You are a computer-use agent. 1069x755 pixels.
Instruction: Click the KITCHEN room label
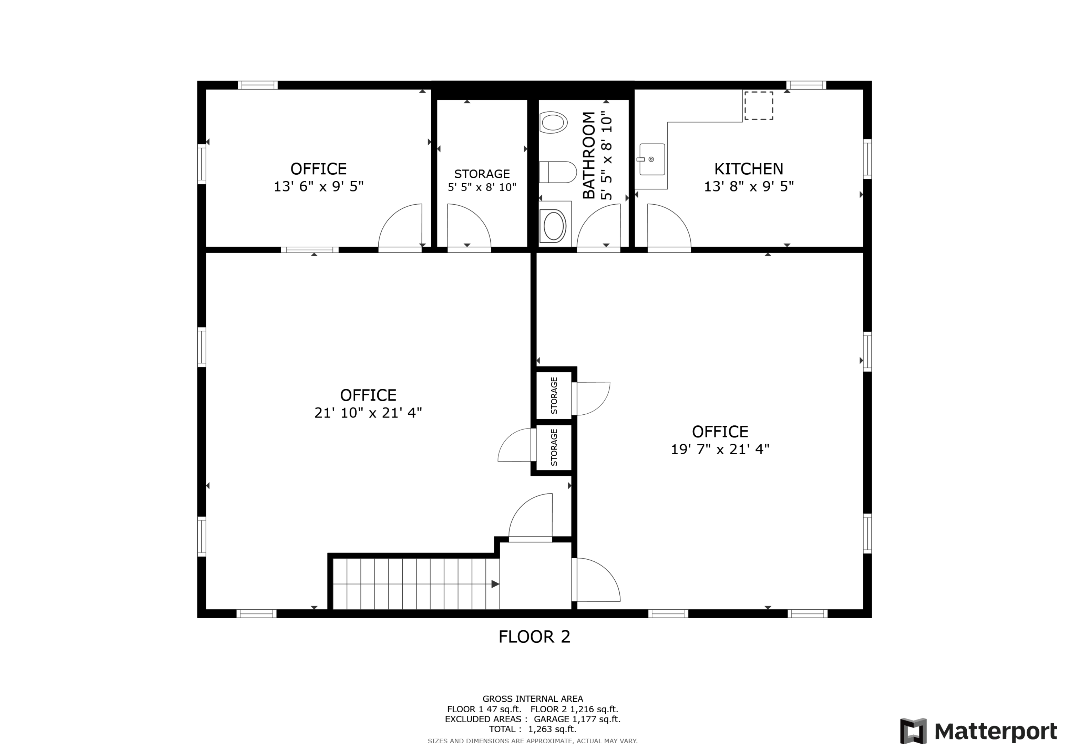749,168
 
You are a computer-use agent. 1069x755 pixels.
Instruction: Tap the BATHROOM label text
589,155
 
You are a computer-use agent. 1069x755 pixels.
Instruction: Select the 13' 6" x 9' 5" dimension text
319,187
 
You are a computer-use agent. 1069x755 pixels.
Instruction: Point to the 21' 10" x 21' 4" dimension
368,413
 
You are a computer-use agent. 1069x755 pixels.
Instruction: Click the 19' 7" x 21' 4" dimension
720,449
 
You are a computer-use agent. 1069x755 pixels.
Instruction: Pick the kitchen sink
651,159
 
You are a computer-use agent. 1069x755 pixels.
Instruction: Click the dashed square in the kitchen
758,106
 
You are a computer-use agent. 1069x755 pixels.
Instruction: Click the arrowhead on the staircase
495,584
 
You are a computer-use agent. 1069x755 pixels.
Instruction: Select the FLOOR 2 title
534,637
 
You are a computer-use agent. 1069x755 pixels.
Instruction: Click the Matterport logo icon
913,731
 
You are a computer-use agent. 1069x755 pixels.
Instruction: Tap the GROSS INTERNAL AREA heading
533,699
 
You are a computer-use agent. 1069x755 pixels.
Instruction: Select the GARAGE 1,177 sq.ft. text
577,719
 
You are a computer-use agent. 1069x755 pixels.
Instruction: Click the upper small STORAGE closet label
554,395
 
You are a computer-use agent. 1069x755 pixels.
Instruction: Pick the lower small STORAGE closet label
554,447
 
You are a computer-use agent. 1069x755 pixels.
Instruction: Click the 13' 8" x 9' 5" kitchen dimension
749,187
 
